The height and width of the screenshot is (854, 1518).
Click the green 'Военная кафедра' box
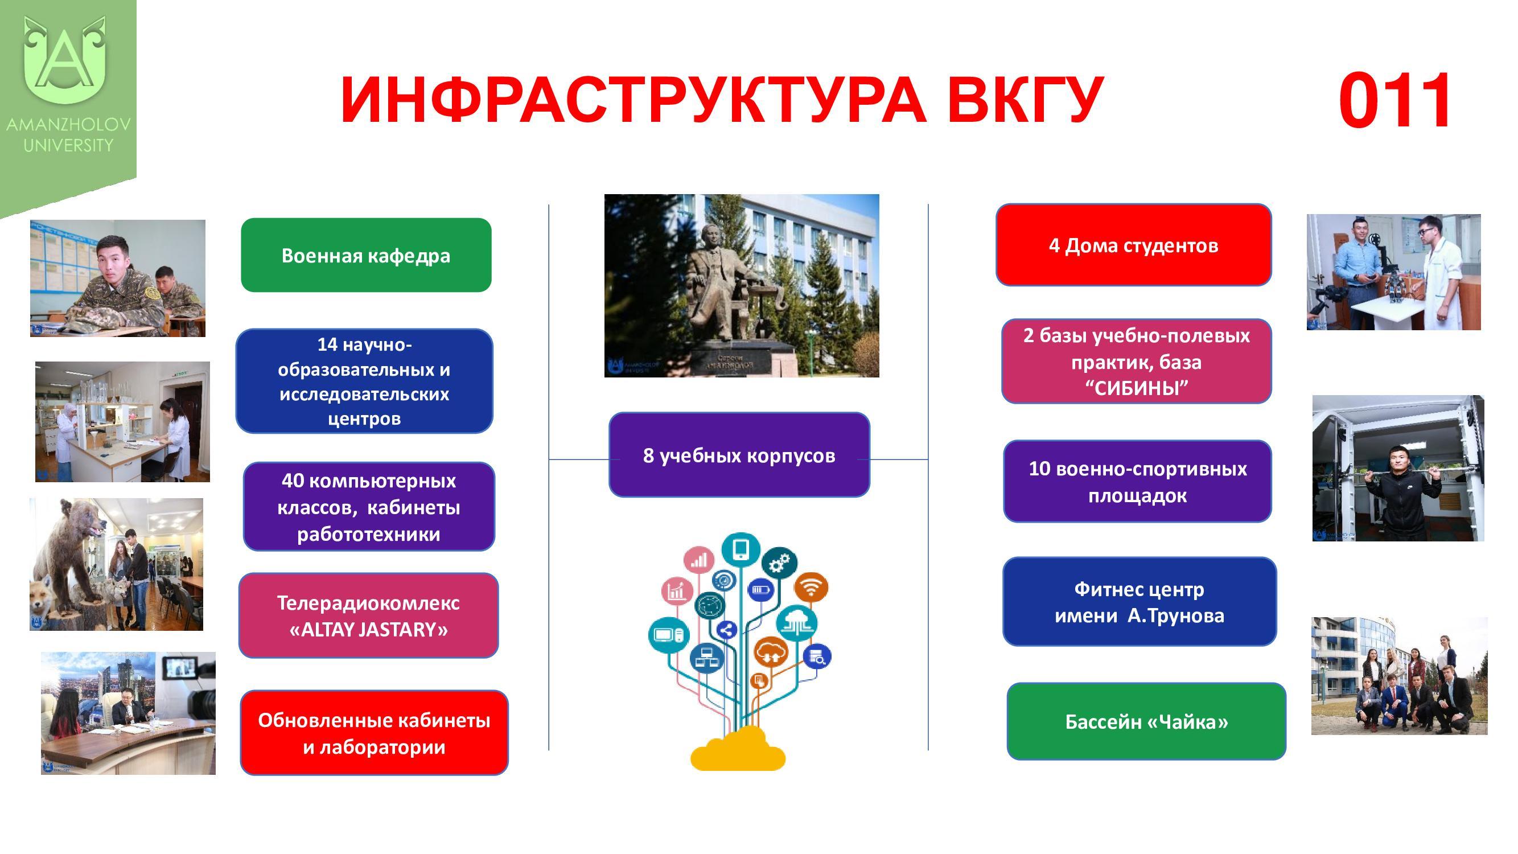[x=366, y=255]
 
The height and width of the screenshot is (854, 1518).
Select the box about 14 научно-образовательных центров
[x=364, y=381]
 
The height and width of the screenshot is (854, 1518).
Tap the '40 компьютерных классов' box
[x=369, y=507]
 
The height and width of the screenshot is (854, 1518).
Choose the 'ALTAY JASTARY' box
[x=368, y=616]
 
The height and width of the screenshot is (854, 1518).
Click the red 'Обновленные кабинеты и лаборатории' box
[x=374, y=733]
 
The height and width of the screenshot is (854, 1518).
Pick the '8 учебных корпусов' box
[x=739, y=455]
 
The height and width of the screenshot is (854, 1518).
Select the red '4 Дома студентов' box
[x=1133, y=245]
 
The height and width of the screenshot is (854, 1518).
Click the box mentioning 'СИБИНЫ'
[x=1136, y=362]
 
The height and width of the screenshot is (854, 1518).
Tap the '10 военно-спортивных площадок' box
[x=1137, y=482]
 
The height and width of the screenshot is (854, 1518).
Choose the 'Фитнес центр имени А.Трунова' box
[x=1139, y=602]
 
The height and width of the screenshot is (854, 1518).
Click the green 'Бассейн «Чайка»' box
[x=1146, y=721]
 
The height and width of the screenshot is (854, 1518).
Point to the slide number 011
[x=1394, y=101]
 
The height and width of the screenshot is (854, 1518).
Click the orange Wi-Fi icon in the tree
[x=811, y=588]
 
